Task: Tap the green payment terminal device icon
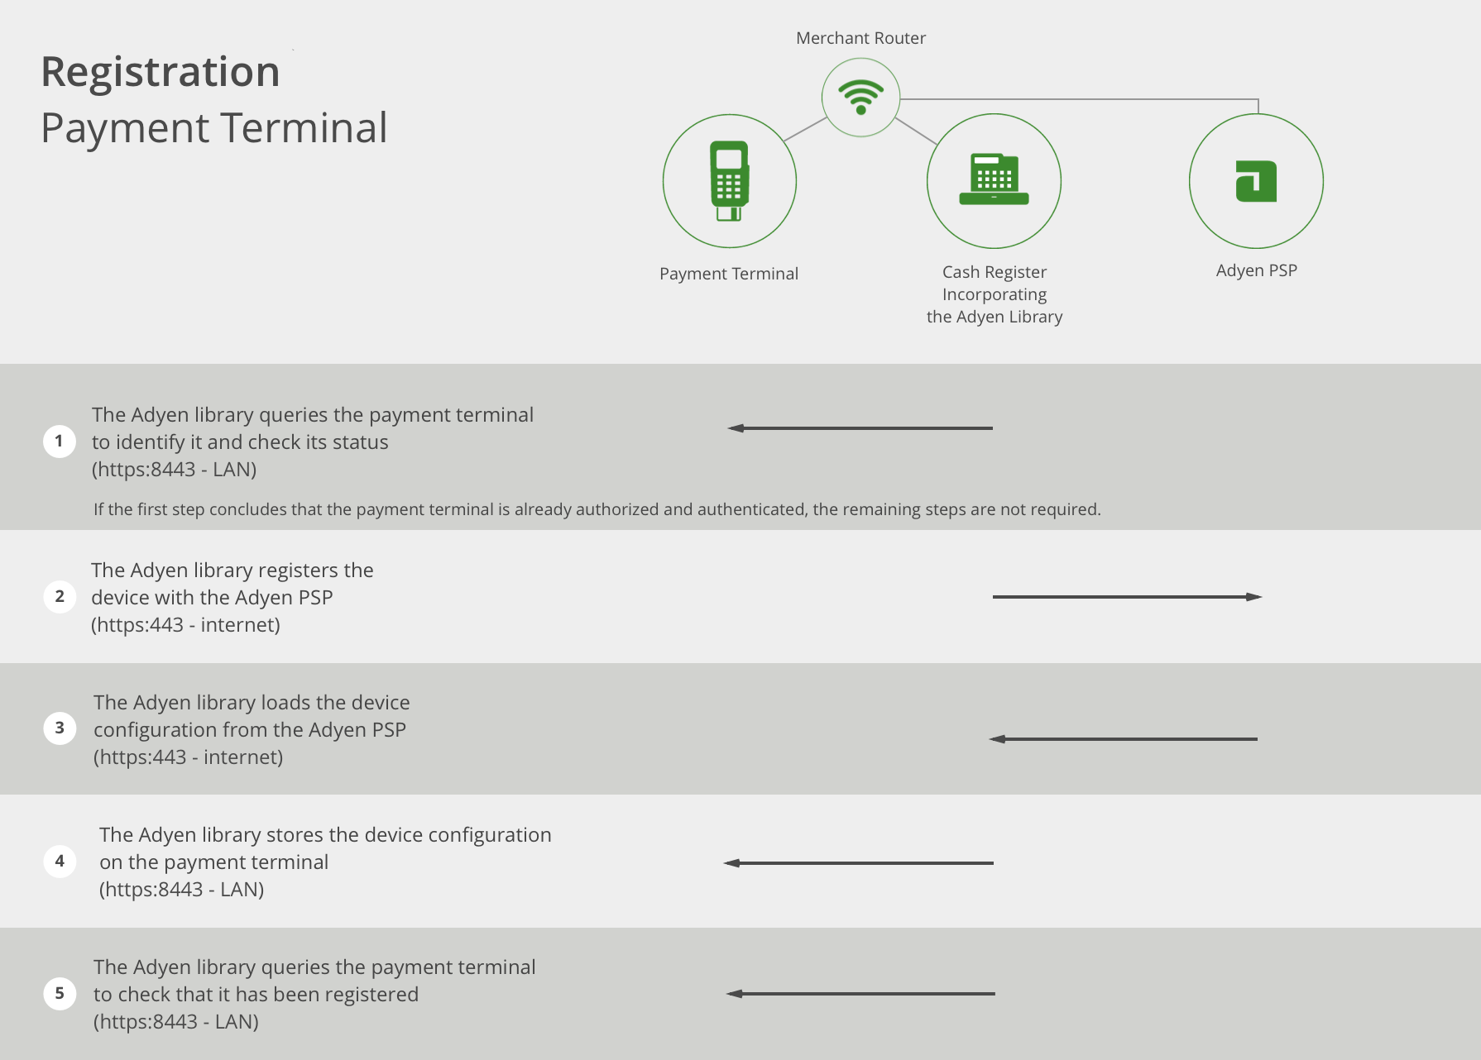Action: [x=729, y=181]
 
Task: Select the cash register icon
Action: [x=994, y=179]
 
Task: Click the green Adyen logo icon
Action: [x=1256, y=181]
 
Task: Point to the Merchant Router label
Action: [x=860, y=38]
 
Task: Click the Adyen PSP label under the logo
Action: [x=1256, y=270]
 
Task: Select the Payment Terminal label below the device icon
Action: [x=729, y=274]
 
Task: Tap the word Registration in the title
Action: [x=161, y=72]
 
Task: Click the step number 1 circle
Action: [x=60, y=441]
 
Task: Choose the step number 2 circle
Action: [x=60, y=596]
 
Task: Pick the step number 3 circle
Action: [x=60, y=728]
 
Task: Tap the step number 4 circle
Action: [x=60, y=861]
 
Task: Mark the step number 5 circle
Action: [x=60, y=993]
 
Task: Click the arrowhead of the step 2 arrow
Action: [x=1254, y=597]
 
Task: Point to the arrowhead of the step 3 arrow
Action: [x=997, y=739]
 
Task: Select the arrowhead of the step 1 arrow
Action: [x=736, y=428]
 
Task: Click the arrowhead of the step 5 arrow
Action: [x=735, y=994]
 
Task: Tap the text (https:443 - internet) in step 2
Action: [x=185, y=625]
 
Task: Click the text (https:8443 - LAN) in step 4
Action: [x=182, y=890]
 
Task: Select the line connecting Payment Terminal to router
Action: [x=805, y=129]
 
